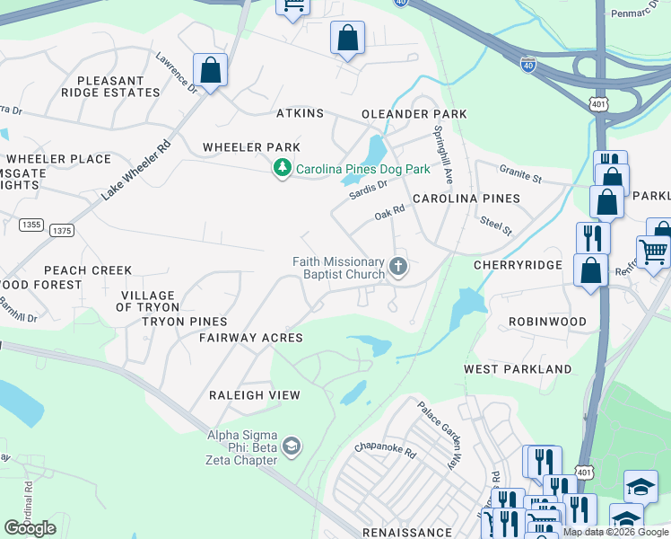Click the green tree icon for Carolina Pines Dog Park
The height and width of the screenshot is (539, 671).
[283, 168]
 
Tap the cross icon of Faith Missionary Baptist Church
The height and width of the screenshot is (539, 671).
[398, 267]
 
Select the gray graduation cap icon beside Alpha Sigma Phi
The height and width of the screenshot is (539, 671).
[291, 446]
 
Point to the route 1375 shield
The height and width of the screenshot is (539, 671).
[62, 231]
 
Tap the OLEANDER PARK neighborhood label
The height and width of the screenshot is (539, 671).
[414, 114]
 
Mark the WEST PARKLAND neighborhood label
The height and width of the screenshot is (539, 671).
[518, 369]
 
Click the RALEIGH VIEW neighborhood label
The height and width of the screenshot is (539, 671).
[254, 395]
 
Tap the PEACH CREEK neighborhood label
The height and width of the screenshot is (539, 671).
[88, 270]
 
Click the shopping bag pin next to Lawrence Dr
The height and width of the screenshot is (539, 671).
[210, 71]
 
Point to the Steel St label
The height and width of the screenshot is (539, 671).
[495, 225]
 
